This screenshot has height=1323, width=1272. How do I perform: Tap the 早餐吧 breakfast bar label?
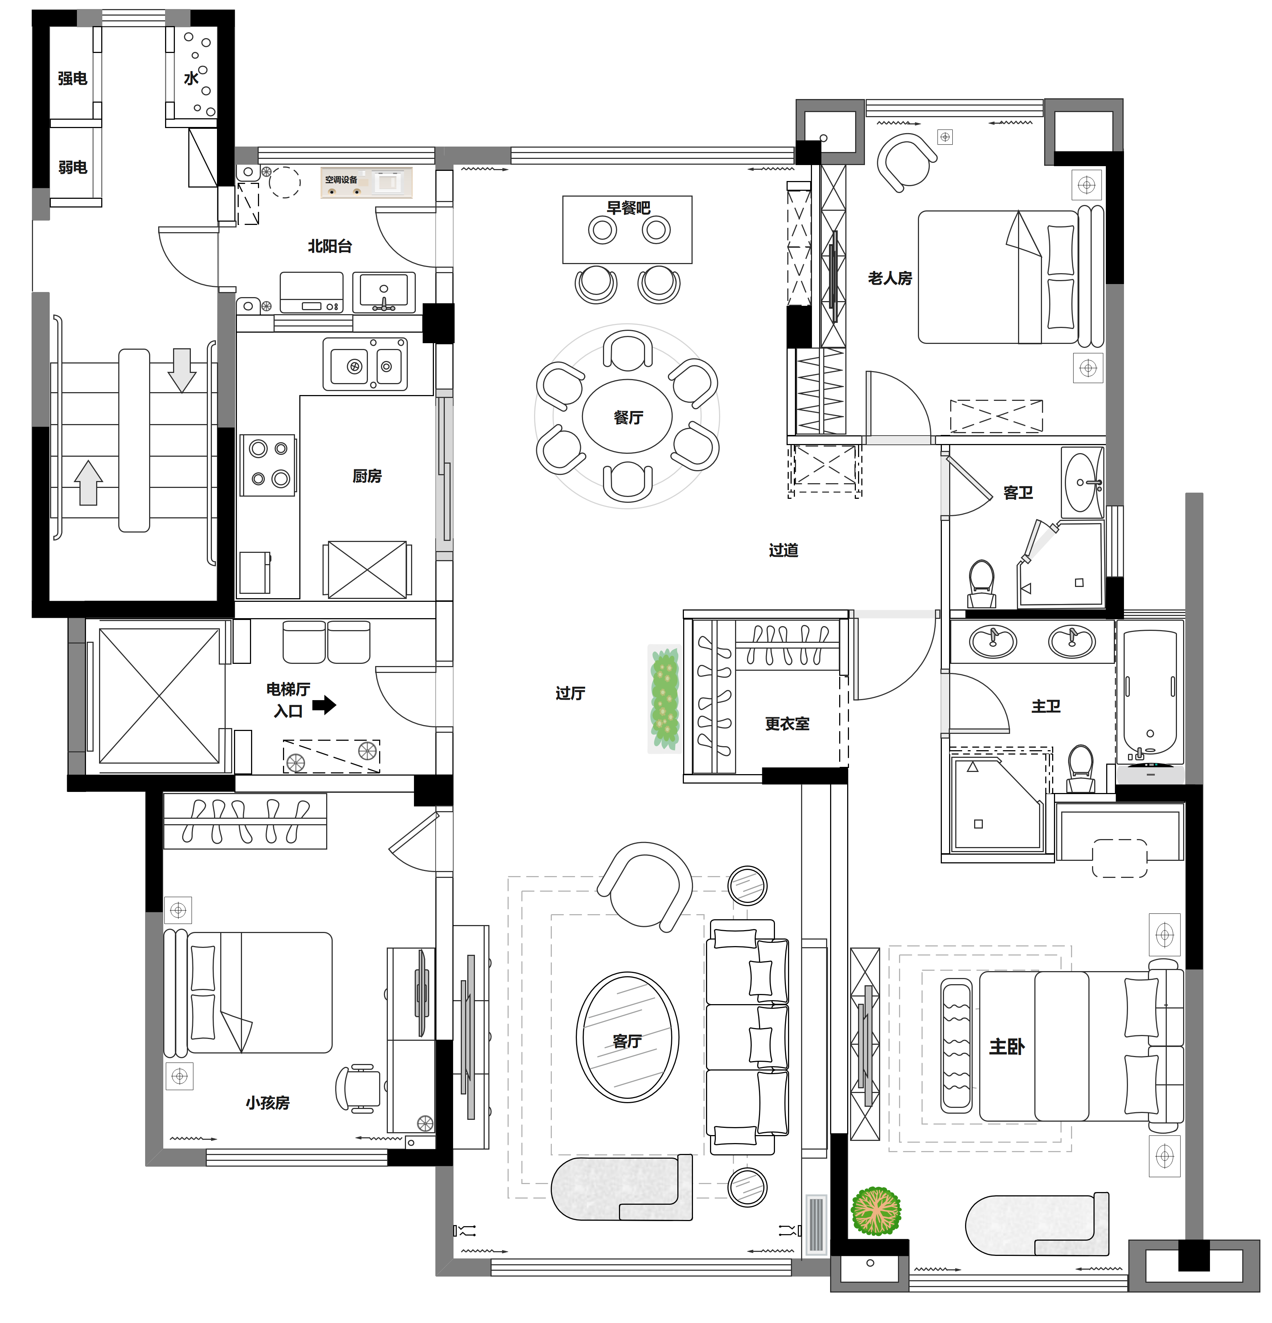[x=628, y=208]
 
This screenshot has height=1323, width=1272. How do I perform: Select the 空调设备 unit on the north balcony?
[x=366, y=183]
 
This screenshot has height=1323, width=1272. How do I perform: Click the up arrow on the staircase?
[x=89, y=482]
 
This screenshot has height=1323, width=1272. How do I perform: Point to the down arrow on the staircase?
[x=182, y=370]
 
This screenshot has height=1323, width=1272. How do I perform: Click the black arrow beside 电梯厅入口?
[x=324, y=705]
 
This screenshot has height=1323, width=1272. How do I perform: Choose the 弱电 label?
[x=72, y=167]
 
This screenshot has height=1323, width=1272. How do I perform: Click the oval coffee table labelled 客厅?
[x=627, y=1038]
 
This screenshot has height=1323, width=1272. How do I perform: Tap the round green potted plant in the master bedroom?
[x=876, y=1211]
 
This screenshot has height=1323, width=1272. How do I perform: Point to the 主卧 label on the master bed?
[x=1007, y=1047]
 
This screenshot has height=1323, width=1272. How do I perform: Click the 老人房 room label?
[x=890, y=278]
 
